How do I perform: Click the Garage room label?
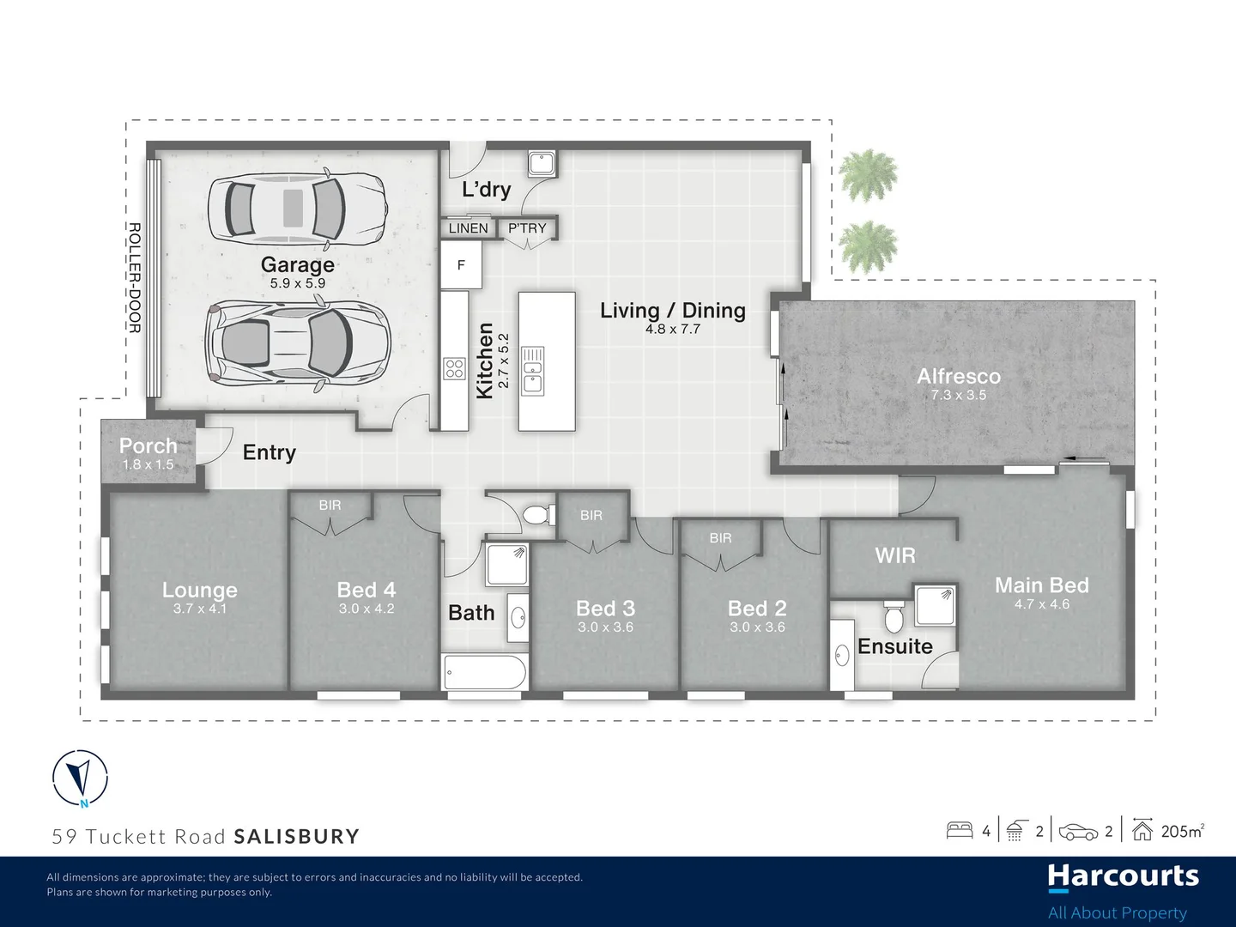point(297,265)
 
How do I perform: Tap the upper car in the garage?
point(297,208)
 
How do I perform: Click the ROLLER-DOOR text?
point(135,277)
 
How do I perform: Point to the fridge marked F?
point(461,265)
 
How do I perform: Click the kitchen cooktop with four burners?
point(454,369)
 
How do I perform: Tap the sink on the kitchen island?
point(533,369)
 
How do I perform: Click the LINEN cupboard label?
point(468,228)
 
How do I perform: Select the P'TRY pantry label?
point(527,228)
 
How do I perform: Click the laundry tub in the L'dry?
point(542,163)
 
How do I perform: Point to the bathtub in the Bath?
point(485,672)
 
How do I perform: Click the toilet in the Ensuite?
point(894,615)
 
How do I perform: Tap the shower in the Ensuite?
point(934,605)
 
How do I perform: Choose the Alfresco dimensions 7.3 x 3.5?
point(958,396)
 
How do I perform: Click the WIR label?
point(894,555)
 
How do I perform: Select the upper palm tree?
point(868,175)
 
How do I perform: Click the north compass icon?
point(80,778)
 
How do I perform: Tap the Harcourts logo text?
point(1123,876)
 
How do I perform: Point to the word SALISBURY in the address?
point(297,837)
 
